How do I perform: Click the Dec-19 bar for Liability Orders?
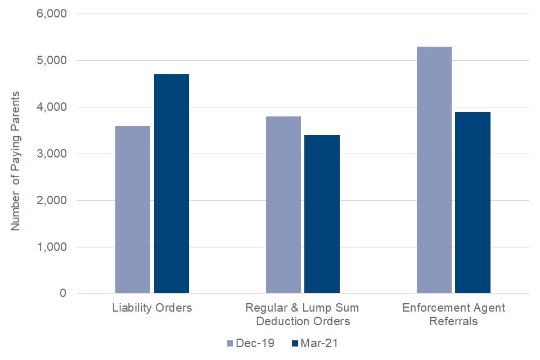[x=133, y=209]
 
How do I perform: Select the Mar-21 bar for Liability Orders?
[x=172, y=184]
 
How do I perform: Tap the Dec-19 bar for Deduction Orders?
[x=283, y=205]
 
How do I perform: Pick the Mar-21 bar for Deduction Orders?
[x=322, y=214]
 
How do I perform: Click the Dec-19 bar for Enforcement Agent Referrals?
[x=434, y=170]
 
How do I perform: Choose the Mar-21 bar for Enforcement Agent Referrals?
[x=472, y=202]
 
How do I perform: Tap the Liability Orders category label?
[x=152, y=308]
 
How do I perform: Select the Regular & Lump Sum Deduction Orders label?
[x=303, y=315]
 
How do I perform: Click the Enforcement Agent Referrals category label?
[x=453, y=315]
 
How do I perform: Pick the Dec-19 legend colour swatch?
[x=229, y=343]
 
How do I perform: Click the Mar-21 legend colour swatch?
[x=295, y=343]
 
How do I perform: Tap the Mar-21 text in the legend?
[x=319, y=343]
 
